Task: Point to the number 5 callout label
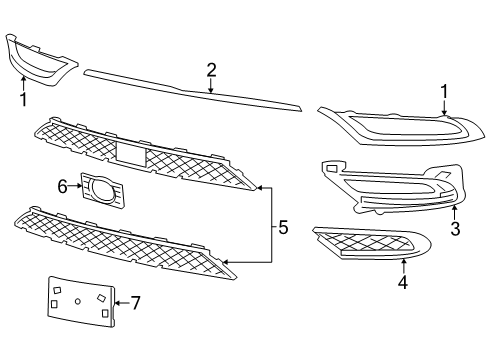click(x=283, y=228)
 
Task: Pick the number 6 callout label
click(x=61, y=185)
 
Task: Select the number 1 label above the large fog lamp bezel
click(x=443, y=92)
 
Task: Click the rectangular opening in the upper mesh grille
click(x=131, y=153)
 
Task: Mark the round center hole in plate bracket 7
click(x=77, y=300)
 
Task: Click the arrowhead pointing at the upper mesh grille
click(x=259, y=186)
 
